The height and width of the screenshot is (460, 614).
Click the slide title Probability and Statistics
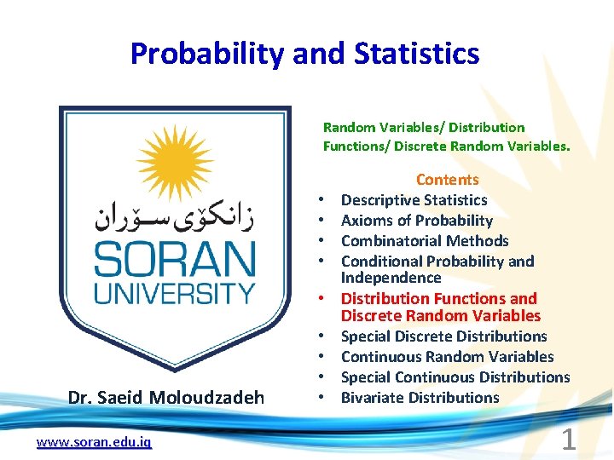tap(304, 54)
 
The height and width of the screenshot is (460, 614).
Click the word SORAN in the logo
tap(174, 259)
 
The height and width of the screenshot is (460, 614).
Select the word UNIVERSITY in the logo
tap(174, 293)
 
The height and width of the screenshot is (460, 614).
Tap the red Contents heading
tap(447, 180)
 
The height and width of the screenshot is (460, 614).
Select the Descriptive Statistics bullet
tap(414, 200)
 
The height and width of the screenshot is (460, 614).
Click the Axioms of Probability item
tap(416, 221)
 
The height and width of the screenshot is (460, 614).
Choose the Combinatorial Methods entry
tap(424, 241)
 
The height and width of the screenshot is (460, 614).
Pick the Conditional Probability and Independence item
tap(437, 269)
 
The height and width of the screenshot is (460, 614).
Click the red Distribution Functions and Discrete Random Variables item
tap(440, 307)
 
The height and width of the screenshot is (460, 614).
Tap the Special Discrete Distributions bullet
tap(443, 336)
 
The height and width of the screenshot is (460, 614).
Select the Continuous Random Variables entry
tap(447, 357)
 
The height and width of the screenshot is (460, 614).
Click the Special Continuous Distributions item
tap(455, 377)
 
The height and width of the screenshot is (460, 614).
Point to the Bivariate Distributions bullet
tap(420, 398)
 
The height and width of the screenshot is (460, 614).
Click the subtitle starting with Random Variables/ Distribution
tap(446, 136)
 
